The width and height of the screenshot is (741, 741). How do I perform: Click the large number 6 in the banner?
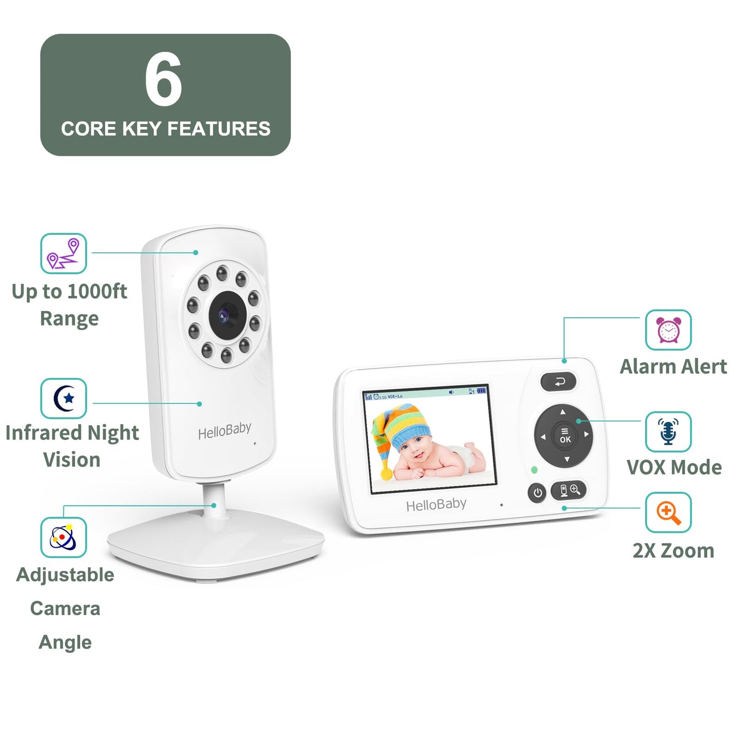163,79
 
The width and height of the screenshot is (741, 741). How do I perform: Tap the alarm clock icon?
668,330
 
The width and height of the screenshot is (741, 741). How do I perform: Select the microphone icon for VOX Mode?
668,432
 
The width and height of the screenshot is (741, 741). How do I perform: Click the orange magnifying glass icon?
668,513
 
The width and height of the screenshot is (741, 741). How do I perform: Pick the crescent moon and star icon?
64,398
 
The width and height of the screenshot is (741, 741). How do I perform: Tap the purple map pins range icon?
64,253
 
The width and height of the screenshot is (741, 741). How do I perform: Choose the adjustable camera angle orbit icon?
64,537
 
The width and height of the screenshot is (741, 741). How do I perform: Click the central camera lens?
225,314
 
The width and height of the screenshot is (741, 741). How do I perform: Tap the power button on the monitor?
537,493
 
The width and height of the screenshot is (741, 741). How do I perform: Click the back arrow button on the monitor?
558,382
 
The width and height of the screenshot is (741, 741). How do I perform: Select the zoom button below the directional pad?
568,490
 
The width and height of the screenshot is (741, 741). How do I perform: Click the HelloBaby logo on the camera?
224,431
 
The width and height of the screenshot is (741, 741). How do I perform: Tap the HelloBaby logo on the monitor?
436,505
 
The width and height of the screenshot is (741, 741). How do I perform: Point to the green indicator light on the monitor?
534,470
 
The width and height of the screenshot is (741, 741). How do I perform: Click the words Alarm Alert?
673,367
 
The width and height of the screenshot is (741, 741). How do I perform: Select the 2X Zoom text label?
673,551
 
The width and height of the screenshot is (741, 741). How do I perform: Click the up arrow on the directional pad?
563,412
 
